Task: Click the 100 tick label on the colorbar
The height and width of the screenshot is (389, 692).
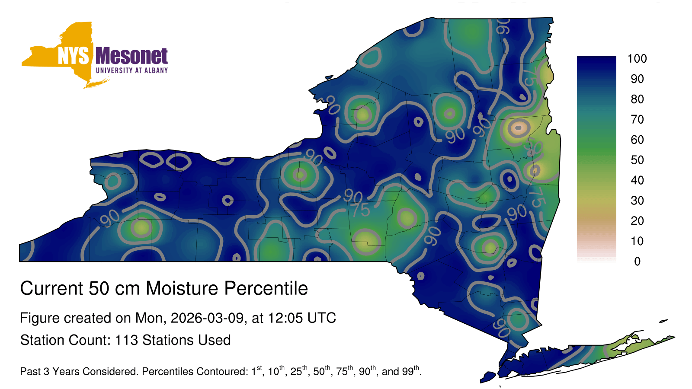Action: coord(637,59)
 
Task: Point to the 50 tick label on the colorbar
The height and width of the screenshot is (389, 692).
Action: coord(637,160)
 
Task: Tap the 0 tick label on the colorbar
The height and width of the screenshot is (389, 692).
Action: coord(638,261)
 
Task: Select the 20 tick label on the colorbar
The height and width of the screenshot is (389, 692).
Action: coord(637,221)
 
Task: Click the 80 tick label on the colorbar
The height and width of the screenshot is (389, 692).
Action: coord(637,99)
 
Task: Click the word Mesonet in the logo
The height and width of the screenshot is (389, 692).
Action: coord(131,56)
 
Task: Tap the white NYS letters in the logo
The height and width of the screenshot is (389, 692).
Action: coord(73,56)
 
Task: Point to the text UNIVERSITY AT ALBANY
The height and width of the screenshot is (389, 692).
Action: coord(132,70)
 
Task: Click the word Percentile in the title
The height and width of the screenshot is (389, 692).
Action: coord(266,288)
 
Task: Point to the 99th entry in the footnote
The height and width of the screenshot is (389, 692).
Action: coord(410,370)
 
